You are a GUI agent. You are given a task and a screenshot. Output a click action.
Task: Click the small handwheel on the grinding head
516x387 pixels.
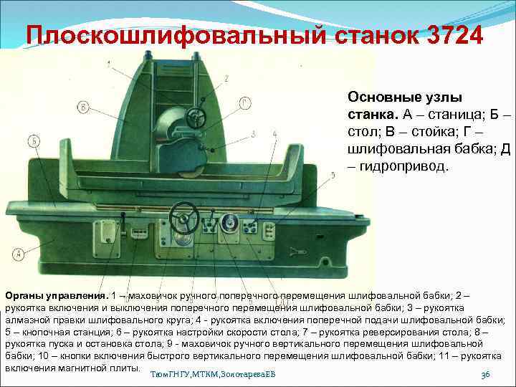(194, 116)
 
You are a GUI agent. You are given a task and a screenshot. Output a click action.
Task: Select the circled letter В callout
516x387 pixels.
(85, 107)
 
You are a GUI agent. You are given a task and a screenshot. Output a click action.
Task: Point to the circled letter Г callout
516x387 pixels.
(246, 102)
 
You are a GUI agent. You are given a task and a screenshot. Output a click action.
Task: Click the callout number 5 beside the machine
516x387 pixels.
(333, 175)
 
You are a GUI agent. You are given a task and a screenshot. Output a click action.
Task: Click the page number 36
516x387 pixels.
(485, 375)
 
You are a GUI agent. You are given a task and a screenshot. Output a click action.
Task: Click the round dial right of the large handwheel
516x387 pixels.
(230, 223)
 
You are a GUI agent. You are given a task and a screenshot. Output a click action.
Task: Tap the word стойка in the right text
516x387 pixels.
(428, 132)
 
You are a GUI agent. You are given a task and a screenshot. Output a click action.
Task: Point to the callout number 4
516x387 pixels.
(275, 135)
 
